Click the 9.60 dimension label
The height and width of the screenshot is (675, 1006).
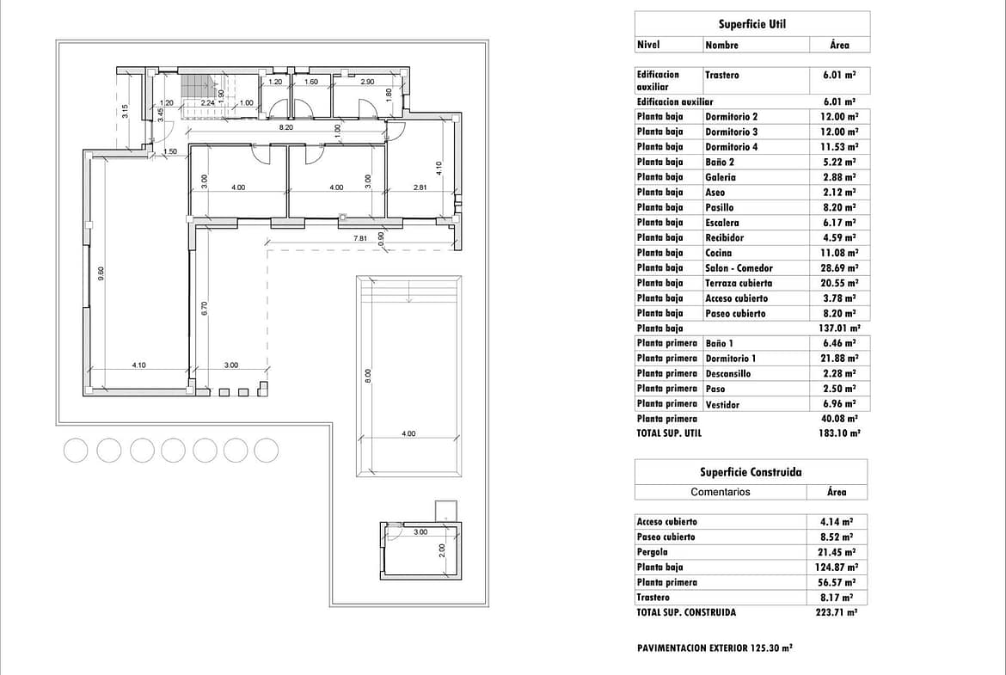tap(101, 274)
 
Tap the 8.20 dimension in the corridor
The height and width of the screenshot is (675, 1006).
tap(285, 127)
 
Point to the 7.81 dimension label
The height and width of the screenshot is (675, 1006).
tap(360, 239)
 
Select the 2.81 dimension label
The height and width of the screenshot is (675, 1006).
tap(420, 187)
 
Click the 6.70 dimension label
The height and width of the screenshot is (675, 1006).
tap(204, 308)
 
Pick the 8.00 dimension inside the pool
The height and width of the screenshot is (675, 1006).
tap(368, 376)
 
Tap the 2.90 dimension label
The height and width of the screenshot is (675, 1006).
tap(368, 83)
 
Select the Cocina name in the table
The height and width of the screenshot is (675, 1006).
tap(719, 253)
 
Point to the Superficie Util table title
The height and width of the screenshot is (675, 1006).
tap(752, 24)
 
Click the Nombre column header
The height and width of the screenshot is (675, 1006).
tap(721, 45)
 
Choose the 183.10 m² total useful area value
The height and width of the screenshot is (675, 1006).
tap(839, 433)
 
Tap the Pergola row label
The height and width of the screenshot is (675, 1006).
tap(653, 552)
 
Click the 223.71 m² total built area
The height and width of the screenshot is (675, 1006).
tap(837, 612)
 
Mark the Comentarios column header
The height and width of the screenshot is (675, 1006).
tap(721, 492)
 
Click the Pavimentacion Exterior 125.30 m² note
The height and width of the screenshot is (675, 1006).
tap(715, 648)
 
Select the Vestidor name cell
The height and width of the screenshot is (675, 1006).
tap(722, 405)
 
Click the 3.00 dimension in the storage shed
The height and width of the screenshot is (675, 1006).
tap(420, 532)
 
